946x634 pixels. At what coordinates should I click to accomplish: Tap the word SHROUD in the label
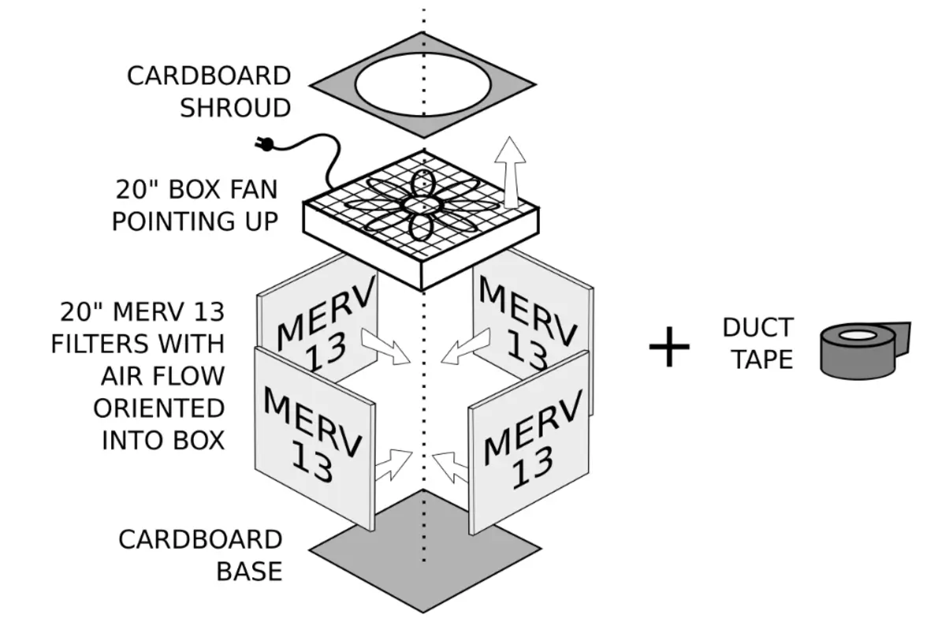tap(235, 107)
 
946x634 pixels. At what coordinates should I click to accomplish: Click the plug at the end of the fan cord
tap(266, 144)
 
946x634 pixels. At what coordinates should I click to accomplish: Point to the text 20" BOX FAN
tap(195, 191)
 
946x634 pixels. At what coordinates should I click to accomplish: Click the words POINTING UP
tap(195, 222)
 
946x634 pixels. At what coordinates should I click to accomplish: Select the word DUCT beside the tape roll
tap(758, 328)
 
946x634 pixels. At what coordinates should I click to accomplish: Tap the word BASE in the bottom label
tap(249, 571)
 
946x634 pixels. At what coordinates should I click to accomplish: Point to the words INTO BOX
tap(163, 439)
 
